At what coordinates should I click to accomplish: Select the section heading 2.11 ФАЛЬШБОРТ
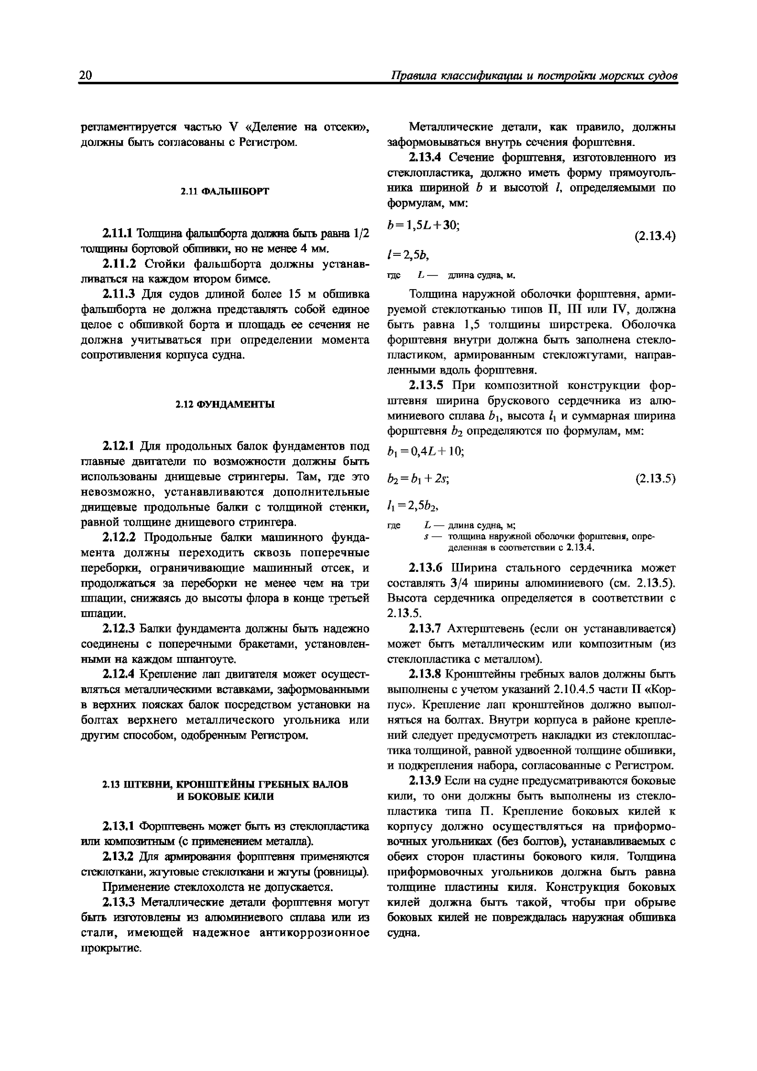point(225,191)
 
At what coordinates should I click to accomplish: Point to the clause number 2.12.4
point(118,674)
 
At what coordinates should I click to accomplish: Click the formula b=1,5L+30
point(423,225)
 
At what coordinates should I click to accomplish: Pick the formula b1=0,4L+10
point(426,452)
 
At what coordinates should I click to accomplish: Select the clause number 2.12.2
point(118,538)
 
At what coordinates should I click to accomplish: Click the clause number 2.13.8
point(425,674)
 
